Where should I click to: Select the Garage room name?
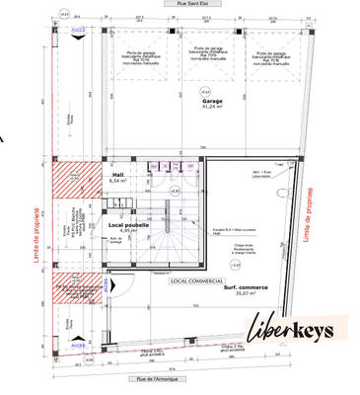tap(211, 101)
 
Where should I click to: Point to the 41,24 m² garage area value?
tap(211, 108)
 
